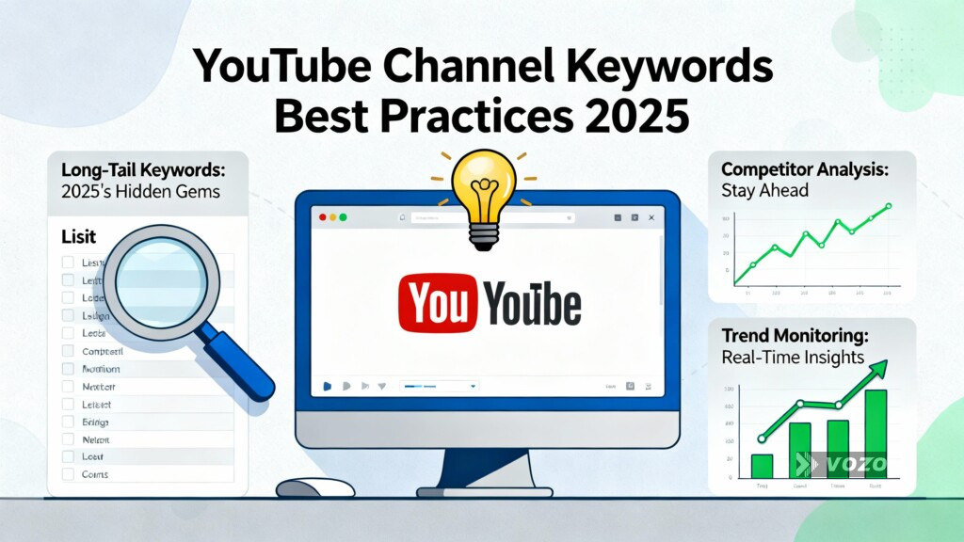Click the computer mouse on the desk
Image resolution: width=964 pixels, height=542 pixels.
coord(314,487)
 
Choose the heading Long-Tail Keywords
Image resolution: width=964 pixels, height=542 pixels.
coord(141,171)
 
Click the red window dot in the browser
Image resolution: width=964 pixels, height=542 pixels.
coord(323,217)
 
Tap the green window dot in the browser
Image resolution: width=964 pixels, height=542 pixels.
coord(343,217)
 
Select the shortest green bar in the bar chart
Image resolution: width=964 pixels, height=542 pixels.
coord(762,466)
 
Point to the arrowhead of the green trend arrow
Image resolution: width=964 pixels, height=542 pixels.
coord(882,368)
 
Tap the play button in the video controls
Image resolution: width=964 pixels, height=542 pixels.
coord(327,386)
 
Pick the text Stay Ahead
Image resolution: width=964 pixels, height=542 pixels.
coord(764,191)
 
